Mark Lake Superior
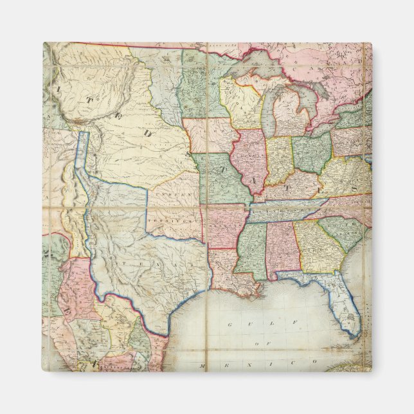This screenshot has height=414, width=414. (248, 64)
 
